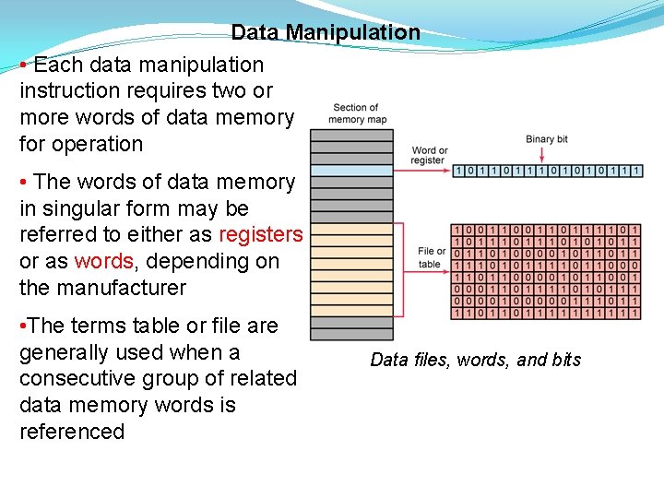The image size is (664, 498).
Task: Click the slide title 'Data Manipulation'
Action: tap(326, 33)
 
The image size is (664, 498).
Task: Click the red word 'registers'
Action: tap(260, 235)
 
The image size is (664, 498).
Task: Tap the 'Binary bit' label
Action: tap(547, 139)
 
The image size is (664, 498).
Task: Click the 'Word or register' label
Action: tap(430, 155)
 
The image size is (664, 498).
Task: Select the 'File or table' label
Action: tap(431, 257)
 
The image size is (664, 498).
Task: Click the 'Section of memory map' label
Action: tap(357, 113)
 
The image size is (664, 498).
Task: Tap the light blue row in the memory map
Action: tap(350, 171)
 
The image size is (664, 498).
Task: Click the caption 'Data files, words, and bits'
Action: tap(475, 360)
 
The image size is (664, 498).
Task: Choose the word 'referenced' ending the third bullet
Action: tap(72, 432)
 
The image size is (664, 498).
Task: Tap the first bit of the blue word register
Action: tap(458, 172)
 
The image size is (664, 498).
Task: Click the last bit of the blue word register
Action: tap(636, 172)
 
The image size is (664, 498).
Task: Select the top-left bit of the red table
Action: tap(458, 229)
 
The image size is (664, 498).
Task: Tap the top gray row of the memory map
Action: tap(350, 135)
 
